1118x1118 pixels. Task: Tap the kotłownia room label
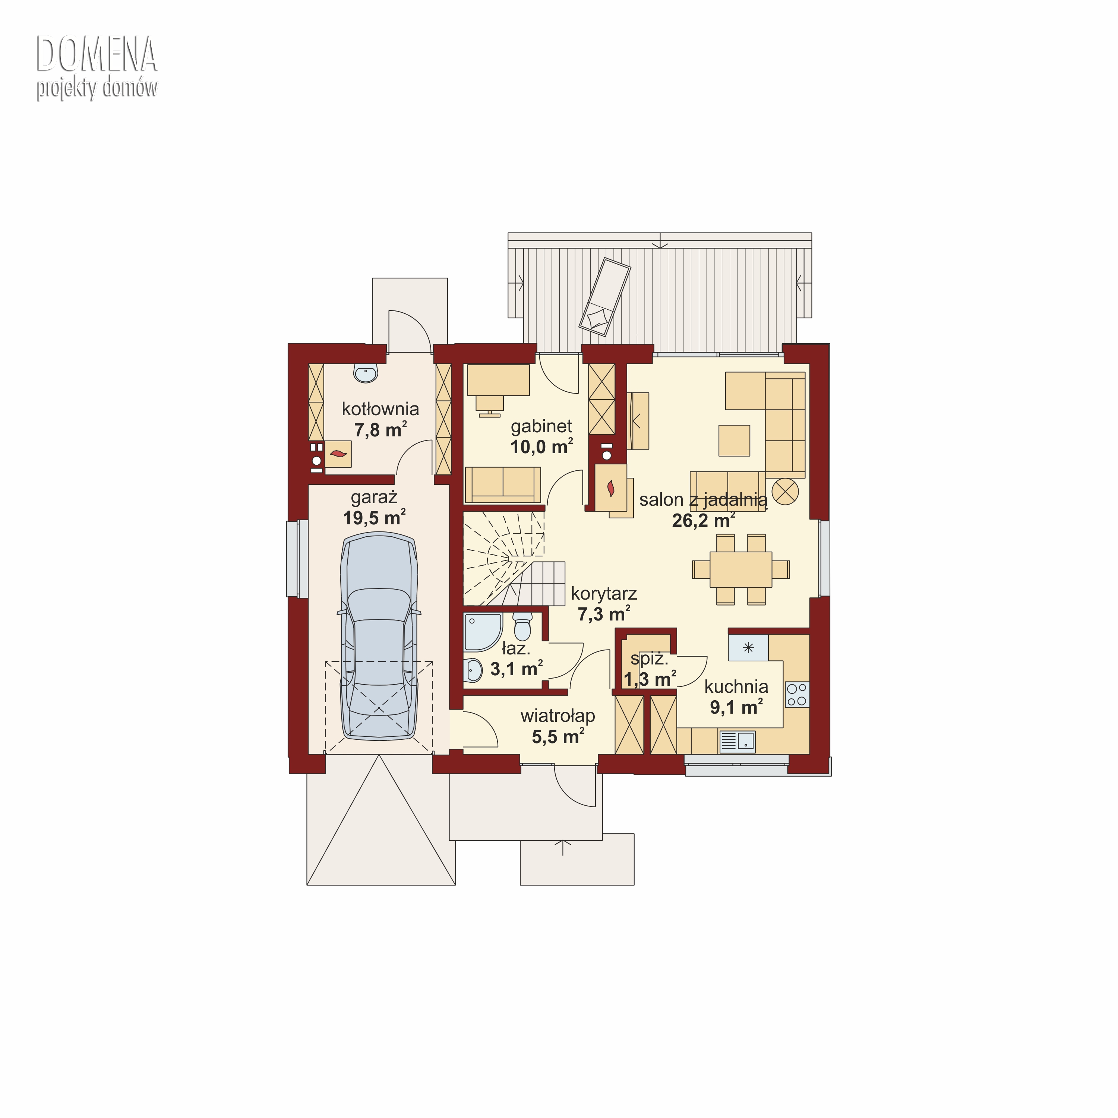pos(380,409)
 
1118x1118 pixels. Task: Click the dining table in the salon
pos(741,569)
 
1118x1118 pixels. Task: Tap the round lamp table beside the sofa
pos(785,492)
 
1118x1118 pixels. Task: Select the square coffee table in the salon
pos(734,440)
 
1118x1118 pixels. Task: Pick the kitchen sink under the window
pos(737,741)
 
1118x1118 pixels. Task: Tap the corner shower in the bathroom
pos(482,632)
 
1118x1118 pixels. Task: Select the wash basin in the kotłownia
pos(366,373)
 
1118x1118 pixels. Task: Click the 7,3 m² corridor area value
pos(604,614)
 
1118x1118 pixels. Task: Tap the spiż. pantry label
pos(649,659)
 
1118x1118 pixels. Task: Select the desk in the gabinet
pos(498,380)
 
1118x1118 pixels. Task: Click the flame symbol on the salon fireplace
pos(610,489)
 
